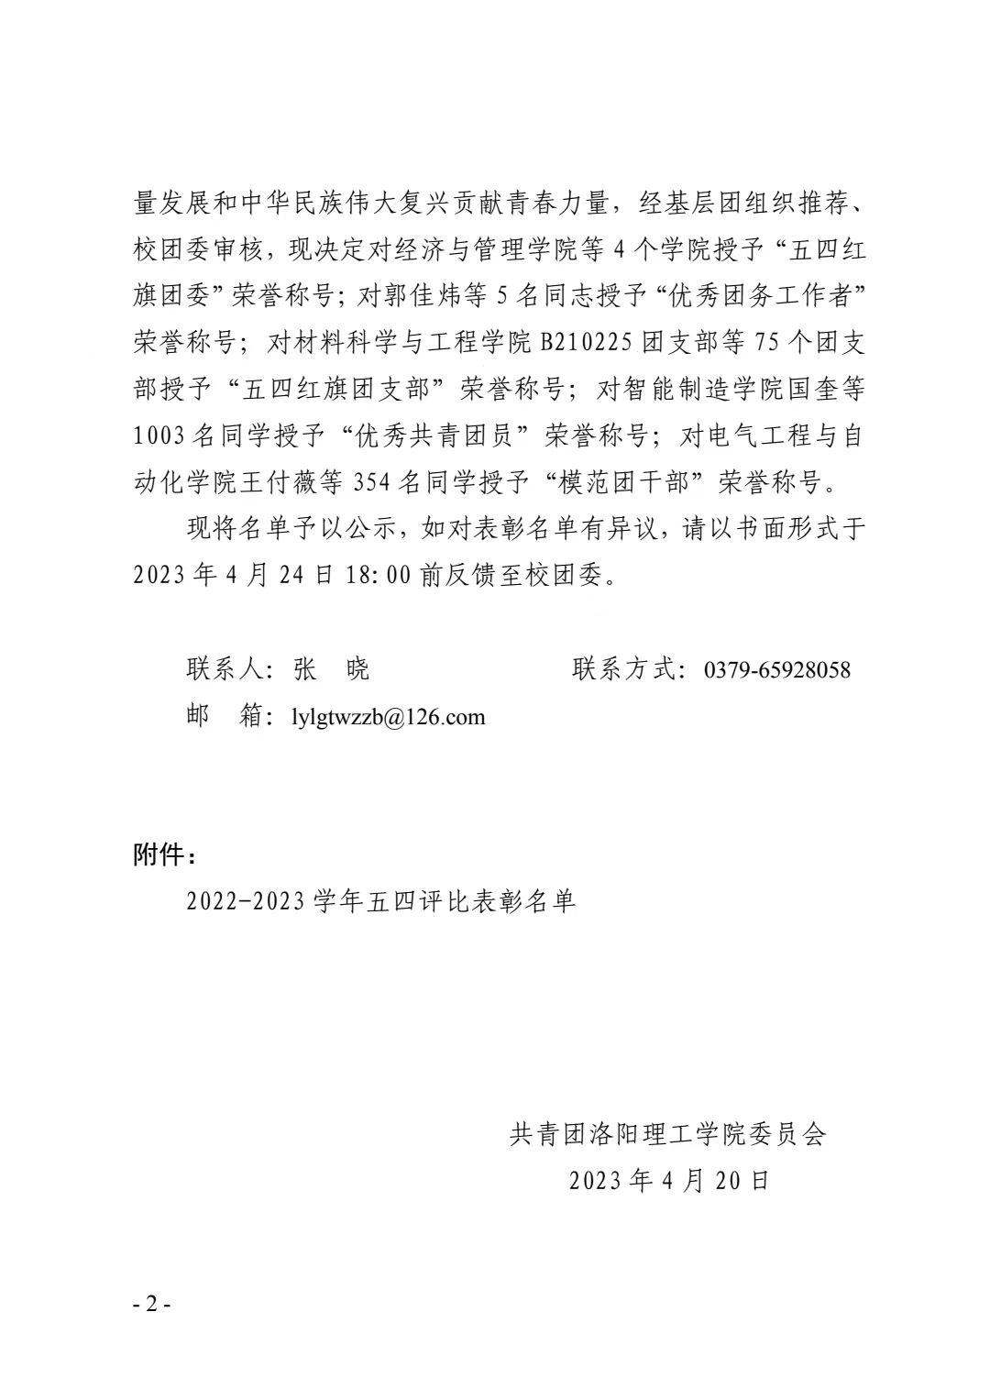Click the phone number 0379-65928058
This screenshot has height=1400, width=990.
tap(776, 670)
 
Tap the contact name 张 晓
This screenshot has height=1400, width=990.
tap(331, 670)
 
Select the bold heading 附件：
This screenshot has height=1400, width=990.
tap(165, 855)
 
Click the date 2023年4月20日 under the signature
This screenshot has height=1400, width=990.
tap(668, 1181)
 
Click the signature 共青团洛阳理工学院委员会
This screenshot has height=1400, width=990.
tap(668, 1134)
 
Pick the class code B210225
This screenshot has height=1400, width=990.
tap(588, 343)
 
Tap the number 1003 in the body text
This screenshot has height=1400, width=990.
tap(159, 436)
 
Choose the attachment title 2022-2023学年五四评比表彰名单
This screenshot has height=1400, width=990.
tap(380, 902)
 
